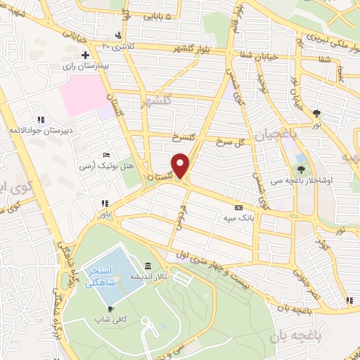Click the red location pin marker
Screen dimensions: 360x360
tap(181, 165)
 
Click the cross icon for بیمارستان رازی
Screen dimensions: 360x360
tap(85, 54)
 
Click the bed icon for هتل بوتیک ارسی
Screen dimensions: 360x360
tap(106, 154)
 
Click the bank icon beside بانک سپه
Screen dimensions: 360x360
tap(238, 208)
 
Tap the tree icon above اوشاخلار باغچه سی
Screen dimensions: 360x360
tap(302, 169)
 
